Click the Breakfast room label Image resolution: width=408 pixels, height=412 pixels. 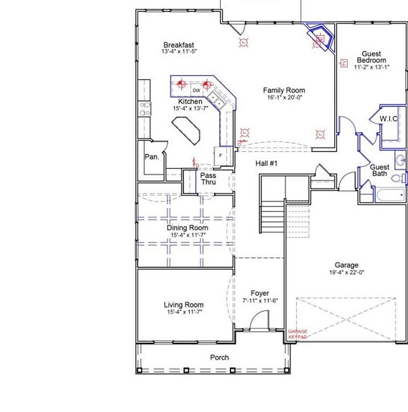[x=179, y=45]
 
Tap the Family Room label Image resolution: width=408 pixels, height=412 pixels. [x=284, y=90]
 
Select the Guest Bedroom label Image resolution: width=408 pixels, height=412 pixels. [x=371, y=57]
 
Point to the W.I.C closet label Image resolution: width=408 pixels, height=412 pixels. [x=389, y=119]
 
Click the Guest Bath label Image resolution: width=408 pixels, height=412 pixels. [x=380, y=170]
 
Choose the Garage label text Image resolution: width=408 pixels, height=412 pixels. [x=347, y=265]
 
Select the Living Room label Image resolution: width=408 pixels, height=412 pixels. [x=184, y=305]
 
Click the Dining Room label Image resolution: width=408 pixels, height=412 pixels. [x=187, y=228]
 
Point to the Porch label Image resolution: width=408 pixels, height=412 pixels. [x=219, y=358]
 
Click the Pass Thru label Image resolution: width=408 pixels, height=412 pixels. [x=208, y=179]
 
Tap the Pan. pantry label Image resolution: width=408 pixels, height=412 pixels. [x=152, y=156]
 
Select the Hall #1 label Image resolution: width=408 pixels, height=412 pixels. [x=266, y=164]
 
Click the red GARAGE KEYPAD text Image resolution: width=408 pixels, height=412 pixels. [x=298, y=334]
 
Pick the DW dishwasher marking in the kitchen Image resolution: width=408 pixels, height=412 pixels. [x=196, y=90]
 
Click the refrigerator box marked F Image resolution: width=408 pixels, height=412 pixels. [x=220, y=154]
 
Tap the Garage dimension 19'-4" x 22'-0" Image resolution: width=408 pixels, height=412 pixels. [x=347, y=273]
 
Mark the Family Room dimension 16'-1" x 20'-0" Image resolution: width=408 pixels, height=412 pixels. [x=284, y=98]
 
